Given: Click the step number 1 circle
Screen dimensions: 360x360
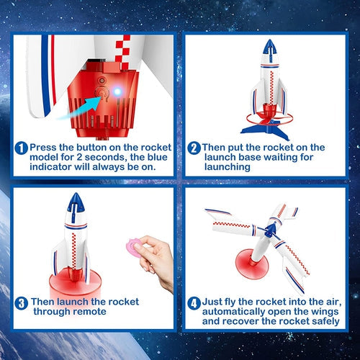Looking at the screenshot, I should [22, 148].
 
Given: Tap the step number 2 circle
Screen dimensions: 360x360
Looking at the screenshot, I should [194, 148].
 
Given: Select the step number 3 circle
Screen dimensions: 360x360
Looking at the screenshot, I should [22, 302].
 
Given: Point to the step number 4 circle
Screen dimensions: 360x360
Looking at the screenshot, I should [193, 302].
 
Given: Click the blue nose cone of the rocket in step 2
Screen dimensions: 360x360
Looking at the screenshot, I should [268, 48].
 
